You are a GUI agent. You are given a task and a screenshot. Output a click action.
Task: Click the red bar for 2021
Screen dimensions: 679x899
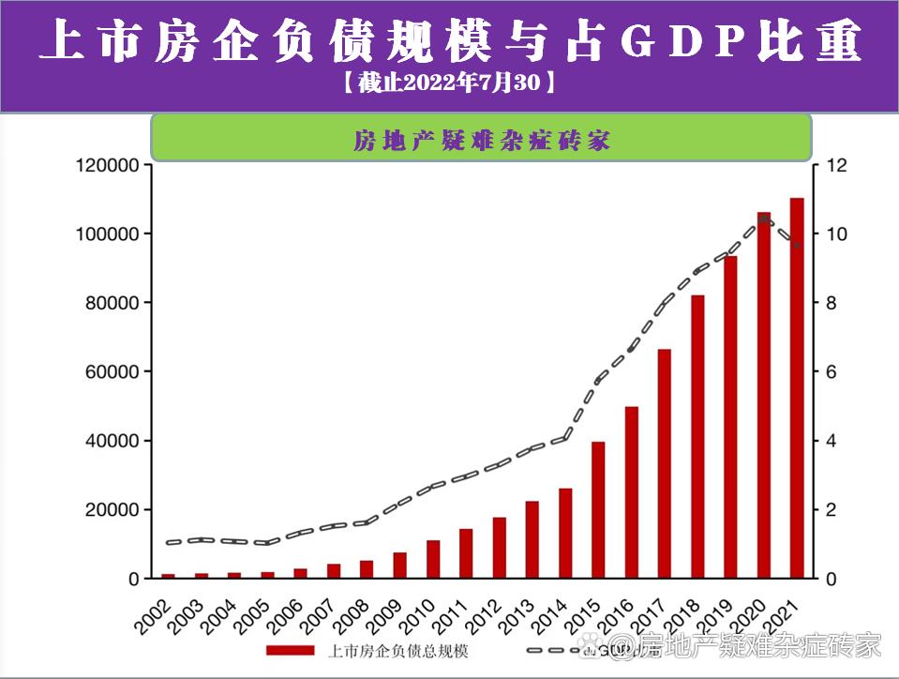[797, 388]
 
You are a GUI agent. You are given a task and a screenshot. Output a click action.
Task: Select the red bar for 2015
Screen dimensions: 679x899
[598, 510]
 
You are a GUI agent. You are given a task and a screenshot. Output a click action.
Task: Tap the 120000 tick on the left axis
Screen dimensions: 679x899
[108, 166]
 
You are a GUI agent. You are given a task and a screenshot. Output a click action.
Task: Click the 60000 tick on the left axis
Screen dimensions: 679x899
[112, 372]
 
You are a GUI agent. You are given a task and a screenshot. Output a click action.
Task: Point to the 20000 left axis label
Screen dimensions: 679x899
[112, 510]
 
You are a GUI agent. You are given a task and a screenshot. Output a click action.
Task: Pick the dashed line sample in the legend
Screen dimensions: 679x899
[553, 650]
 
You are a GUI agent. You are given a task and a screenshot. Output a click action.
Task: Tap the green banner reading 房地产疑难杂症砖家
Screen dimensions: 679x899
[481, 139]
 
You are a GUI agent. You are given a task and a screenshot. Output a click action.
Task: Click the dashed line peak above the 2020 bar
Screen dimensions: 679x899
[764, 218]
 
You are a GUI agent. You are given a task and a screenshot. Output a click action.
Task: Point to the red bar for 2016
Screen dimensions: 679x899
[632, 492]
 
